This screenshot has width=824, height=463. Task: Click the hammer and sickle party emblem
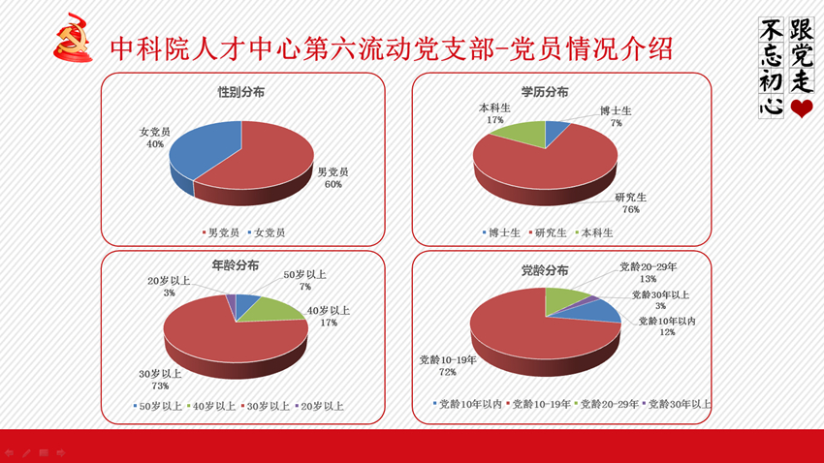pos(73,39)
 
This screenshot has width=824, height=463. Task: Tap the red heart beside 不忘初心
pos(802,108)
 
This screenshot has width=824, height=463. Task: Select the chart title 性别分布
pos(241,92)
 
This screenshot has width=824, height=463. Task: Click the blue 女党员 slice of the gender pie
pos(203,149)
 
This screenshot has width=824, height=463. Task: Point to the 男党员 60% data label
pos(333,178)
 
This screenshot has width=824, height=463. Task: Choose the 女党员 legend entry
pos(267,232)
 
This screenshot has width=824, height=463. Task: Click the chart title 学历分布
pos(545,92)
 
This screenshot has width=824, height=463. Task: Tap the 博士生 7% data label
pos(616,116)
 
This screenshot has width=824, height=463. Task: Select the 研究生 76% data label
pos(631,203)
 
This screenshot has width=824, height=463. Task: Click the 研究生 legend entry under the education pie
pos(548,232)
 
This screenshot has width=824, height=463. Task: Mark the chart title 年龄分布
pos(235,265)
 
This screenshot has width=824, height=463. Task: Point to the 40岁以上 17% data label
pos(329,317)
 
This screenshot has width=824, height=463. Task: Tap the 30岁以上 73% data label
pos(160,380)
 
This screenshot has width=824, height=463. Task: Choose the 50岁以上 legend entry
pos(158,406)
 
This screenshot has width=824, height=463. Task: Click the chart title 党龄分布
pos(545,271)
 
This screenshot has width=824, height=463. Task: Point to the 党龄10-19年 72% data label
pos(448,366)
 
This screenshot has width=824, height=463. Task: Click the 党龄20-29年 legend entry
pos(607,404)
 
